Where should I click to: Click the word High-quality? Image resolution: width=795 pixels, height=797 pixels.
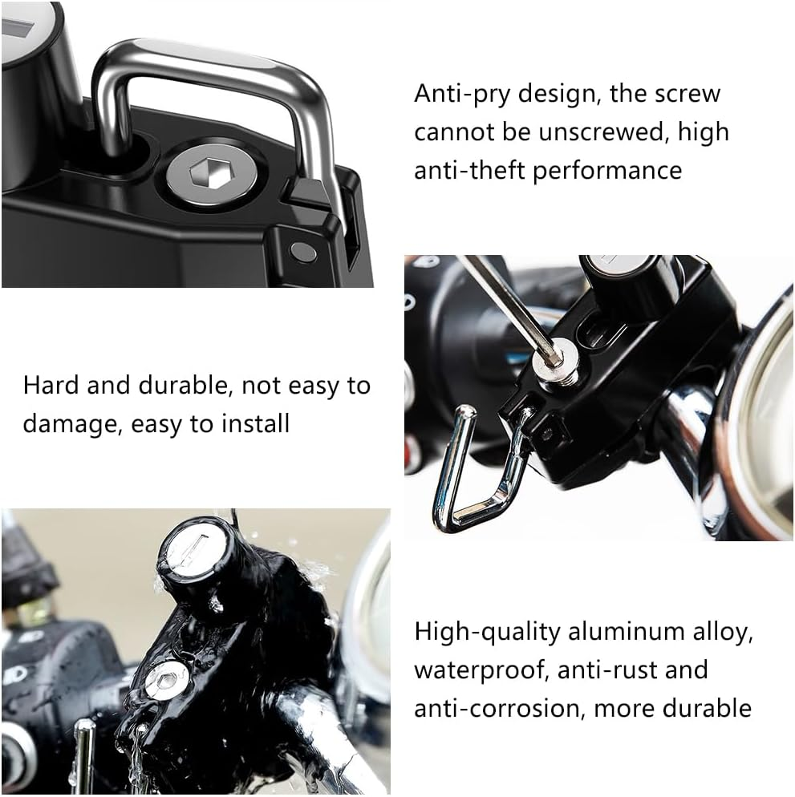point(487,632)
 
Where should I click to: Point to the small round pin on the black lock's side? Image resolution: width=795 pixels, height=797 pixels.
point(302,251)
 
